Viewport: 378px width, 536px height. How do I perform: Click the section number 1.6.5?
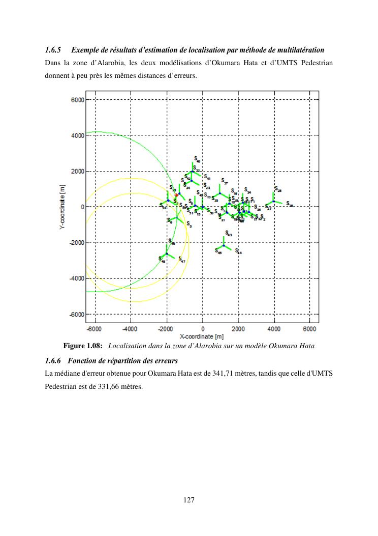[x=53, y=50]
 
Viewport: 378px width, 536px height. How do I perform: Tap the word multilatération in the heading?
[x=297, y=50]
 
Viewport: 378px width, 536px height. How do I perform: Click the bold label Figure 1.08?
[x=83, y=346]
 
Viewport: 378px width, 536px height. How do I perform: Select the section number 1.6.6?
[x=53, y=361]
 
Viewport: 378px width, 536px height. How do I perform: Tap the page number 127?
[x=189, y=500]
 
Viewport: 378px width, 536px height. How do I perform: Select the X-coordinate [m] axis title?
[x=202, y=337]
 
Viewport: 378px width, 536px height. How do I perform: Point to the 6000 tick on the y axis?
[x=78, y=100]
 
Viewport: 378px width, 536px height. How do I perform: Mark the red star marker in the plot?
[x=176, y=195]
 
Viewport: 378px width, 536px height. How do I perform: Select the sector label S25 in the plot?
[x=278, y=189]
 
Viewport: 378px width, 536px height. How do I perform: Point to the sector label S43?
[x=229, y=234]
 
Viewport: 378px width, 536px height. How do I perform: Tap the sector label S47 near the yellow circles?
[x=181, y=259]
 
